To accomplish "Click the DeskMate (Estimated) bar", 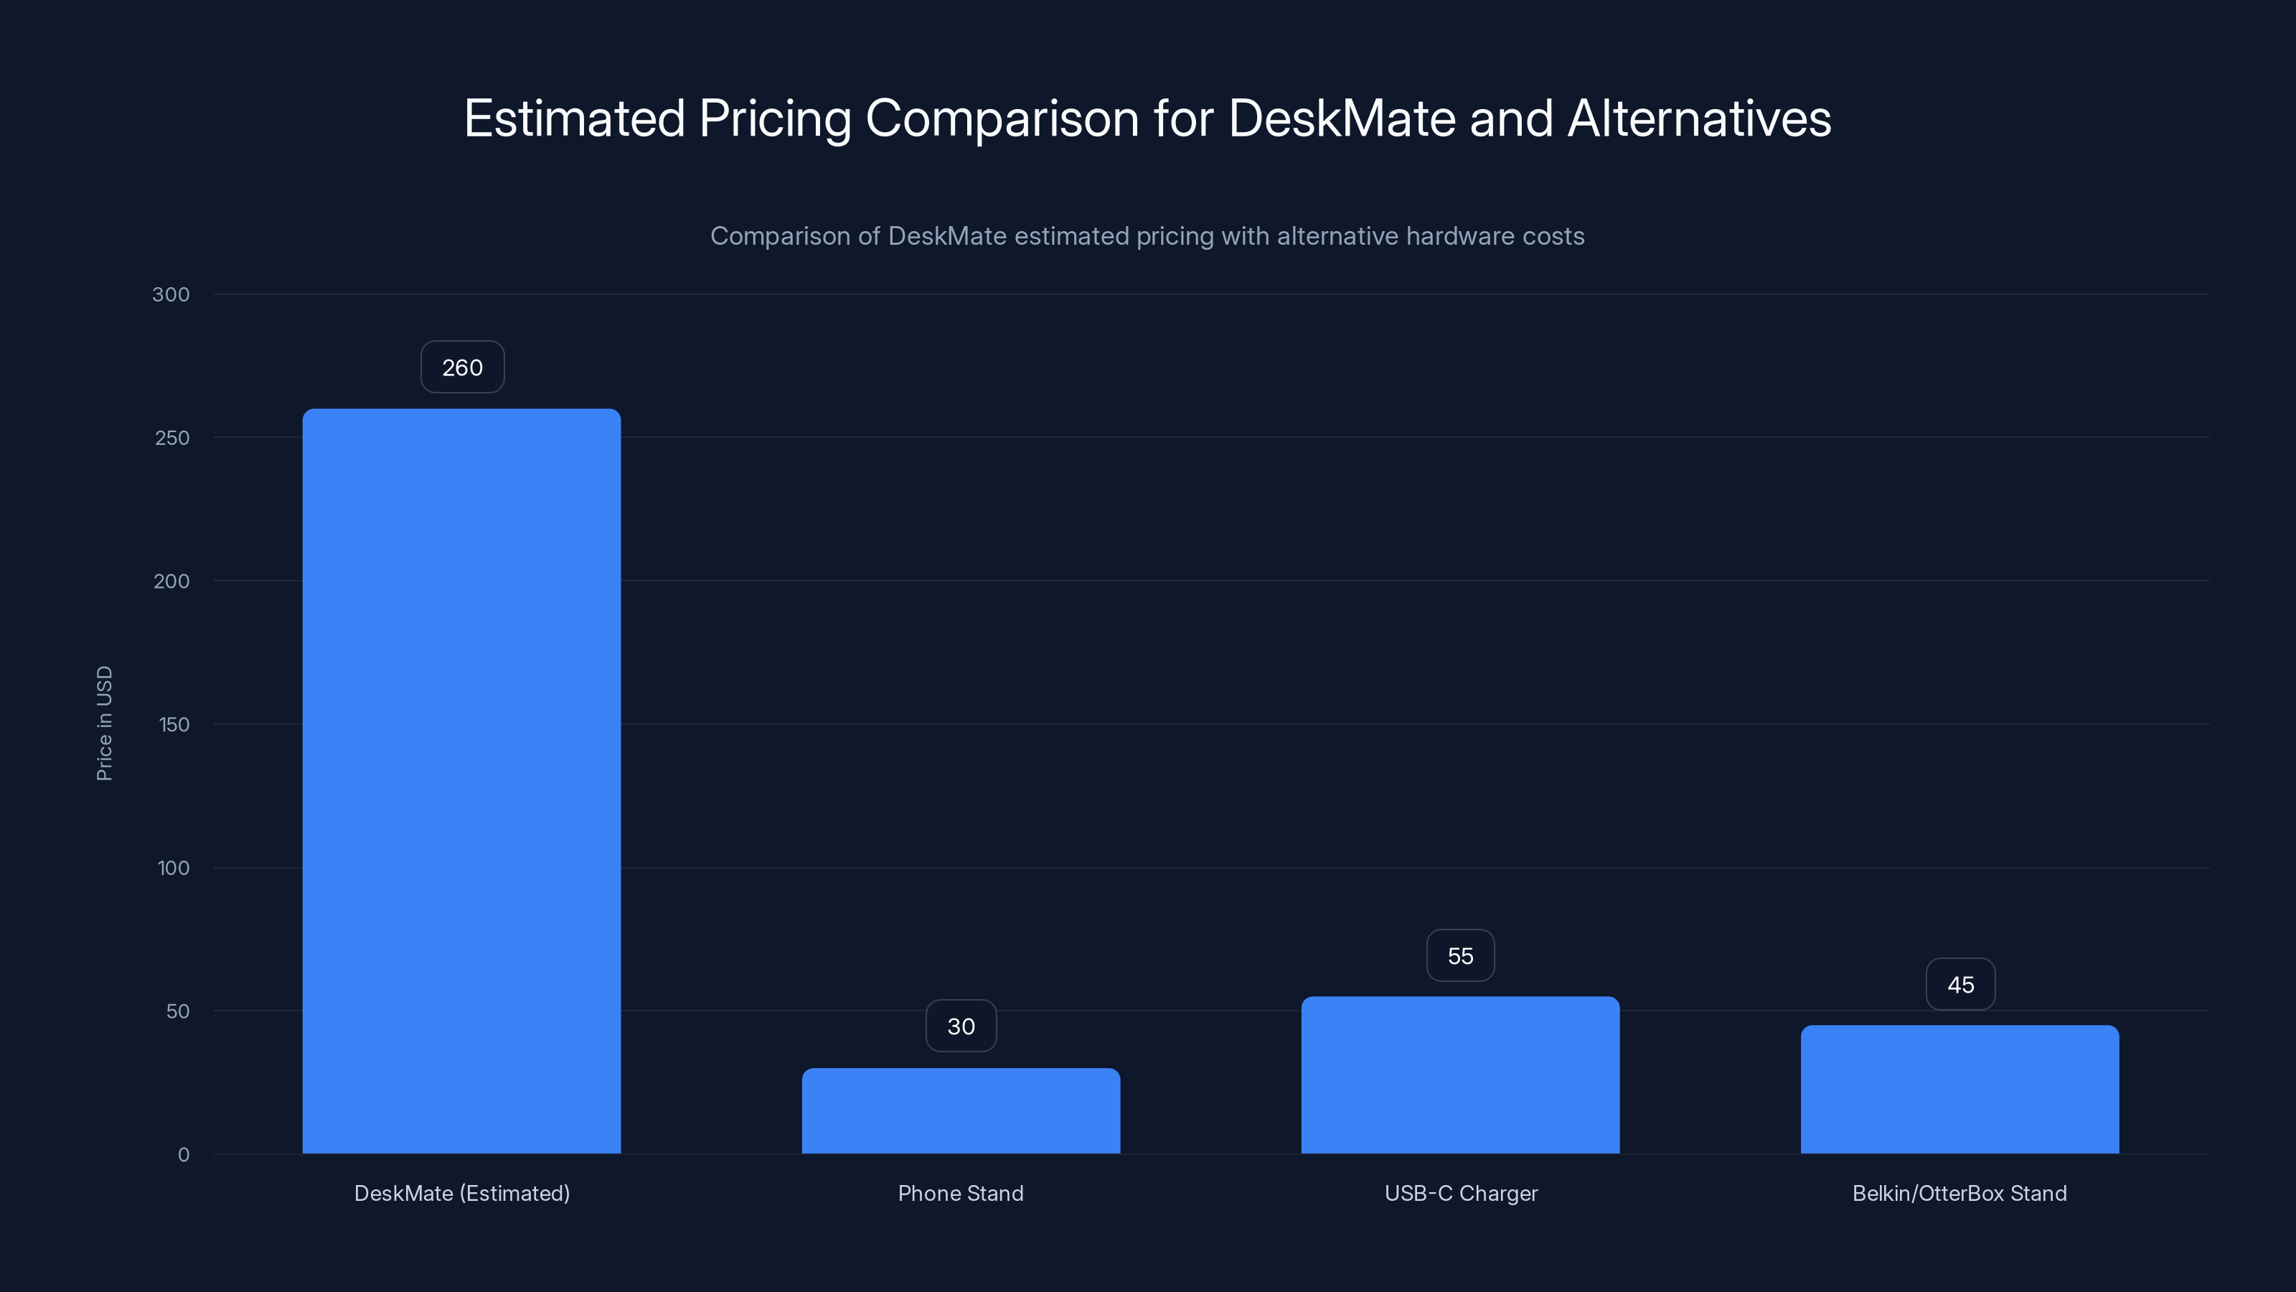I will pyautogui.click(x=461, y=780).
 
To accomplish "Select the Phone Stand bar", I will pyautogui.click(x=961, y=1110).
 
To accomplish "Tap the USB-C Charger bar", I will pyautogui.click(x=1460, y=1075).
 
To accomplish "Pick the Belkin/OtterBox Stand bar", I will pyautogui.click(x=1959, y=1089).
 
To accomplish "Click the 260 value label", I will pyautogui.click(x=461, y=368).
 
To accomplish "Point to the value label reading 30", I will pyautogui.click(x=961, y=1026).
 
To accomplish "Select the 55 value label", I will pyautogui.click(x=1460, y=956).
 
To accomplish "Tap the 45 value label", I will pyautogui.click(x=1960, y=984).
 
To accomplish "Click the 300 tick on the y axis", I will pyautogui.click(x=171, y=294).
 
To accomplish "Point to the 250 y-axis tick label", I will pyautogui.click(x=172, y=438).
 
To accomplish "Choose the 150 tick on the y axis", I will pyautogui.click(x=174, y=725).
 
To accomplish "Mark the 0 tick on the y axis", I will pyautogui.click(x=184, y=1155).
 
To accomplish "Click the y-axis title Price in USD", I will pyautogui.click(x=104, y=723).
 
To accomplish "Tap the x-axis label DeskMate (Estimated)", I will pyautogui.click(x=461, y=1193).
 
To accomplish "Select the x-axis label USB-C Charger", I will pyautogui.click(x=1461, y=1193).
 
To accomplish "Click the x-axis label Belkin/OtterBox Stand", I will pyautogui.click(x=1959, y=1193).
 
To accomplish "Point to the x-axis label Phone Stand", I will pyautogui.click(x=961, y=1193).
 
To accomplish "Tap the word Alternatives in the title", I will pyautogui.click(x=1699, y=118).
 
